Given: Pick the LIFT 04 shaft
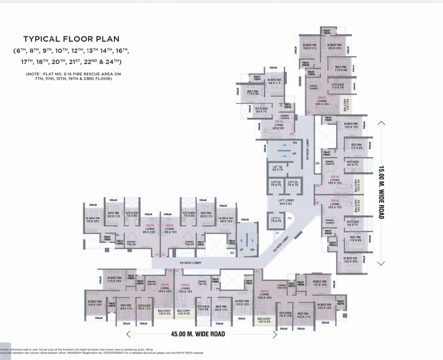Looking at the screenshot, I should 276,169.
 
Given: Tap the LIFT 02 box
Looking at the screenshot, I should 276,184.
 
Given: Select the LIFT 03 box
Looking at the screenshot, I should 292,184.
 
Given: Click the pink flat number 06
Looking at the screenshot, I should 292,134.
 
